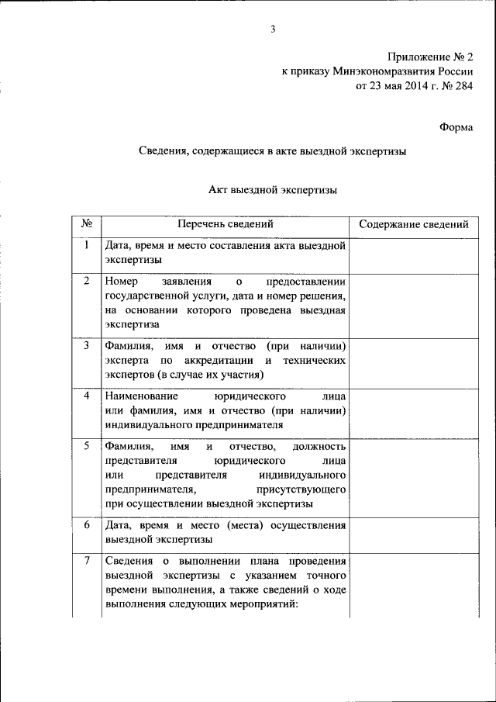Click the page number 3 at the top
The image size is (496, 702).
273,29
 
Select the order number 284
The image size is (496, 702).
462,86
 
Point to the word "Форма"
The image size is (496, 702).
456,127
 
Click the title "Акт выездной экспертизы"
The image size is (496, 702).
273,188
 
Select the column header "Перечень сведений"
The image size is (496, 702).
225,224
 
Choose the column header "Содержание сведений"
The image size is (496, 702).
413,224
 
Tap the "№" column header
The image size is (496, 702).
87,224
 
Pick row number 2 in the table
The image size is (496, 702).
87,281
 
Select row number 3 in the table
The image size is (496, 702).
87,345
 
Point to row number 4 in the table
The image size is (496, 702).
87,396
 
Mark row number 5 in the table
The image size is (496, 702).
87,446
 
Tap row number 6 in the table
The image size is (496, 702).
87,525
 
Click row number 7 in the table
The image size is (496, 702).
87,561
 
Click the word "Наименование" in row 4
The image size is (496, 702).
136,396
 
